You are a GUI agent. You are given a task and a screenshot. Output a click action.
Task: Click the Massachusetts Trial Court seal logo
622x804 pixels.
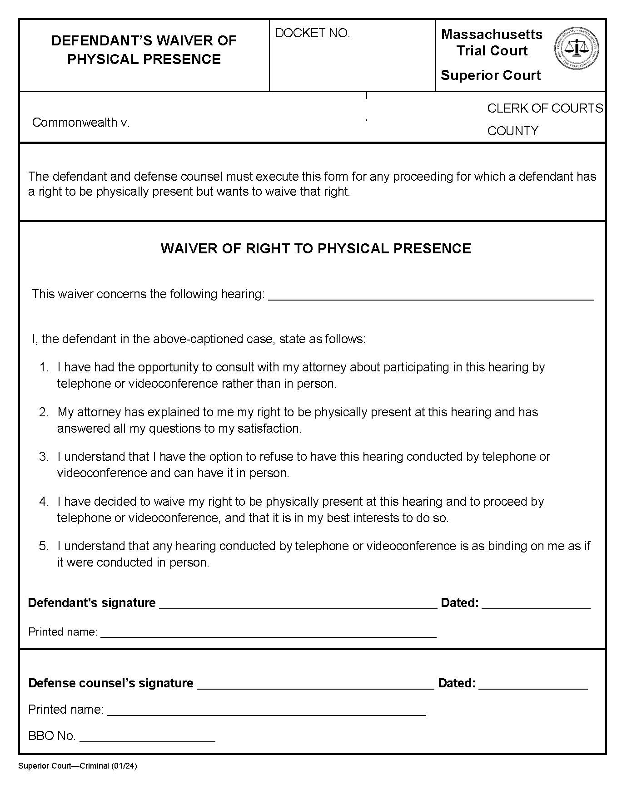(x=576, y=48)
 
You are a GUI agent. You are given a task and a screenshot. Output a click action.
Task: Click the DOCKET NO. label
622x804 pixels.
(x=313, y=33)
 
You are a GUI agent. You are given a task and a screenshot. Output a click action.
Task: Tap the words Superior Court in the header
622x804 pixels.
(x=491, y=75)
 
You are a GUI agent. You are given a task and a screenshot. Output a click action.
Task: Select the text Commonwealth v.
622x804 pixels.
(x=81, y=123)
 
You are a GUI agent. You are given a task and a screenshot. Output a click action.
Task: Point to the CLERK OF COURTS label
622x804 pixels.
(x=545, y=109)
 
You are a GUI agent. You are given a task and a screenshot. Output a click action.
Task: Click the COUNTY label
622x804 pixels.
(x=513, y=131)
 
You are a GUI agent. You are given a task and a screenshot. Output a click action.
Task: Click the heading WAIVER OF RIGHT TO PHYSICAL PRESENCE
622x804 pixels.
(x=316, y=249)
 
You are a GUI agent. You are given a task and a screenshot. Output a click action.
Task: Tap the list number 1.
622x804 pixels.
(x=44, y=367)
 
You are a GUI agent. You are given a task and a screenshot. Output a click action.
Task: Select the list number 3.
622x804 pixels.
(x=44, y=457)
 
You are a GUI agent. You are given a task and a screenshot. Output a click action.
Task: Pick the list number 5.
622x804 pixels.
(x=44, y=546)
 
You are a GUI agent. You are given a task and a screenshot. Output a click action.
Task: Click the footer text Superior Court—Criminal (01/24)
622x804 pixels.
(x=78, y=766)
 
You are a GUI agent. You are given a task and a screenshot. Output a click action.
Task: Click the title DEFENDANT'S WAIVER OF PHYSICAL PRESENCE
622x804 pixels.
(x=144, y=50)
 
